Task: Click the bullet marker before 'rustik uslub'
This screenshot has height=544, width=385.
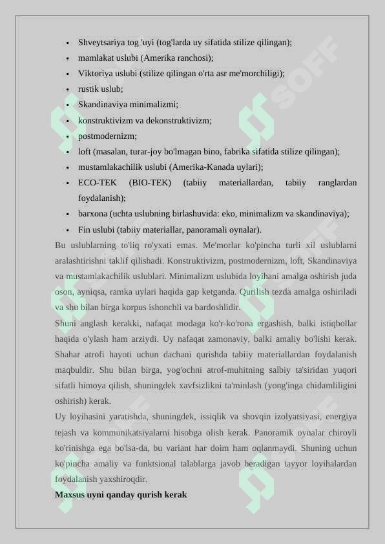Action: click(68, 89)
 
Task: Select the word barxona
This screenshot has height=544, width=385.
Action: click(93, 213)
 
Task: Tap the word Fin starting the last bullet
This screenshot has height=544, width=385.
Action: click(84, 229)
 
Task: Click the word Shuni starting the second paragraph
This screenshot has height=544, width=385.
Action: click(66, 323)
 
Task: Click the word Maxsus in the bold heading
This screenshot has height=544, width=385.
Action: click(70, 494)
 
